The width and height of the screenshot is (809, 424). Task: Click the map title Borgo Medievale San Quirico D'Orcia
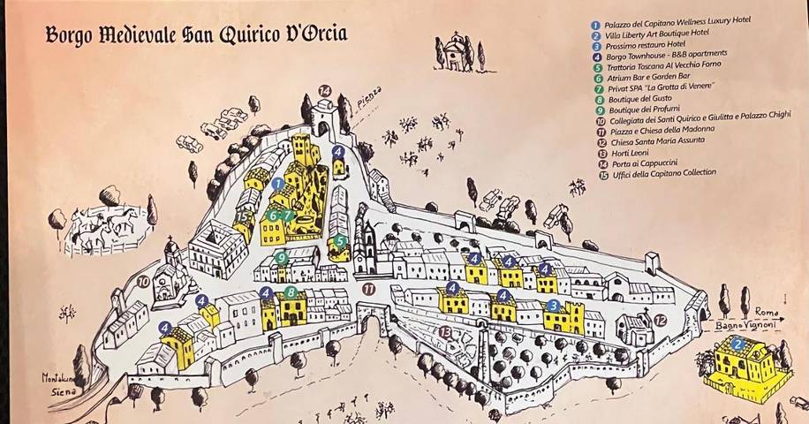(x=196, y=35)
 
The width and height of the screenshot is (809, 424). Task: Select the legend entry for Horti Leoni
(x=628, y=152)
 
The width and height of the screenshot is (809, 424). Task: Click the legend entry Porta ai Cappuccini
(x=642, y=163)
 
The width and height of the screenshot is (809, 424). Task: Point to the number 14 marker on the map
(x=324, y=90)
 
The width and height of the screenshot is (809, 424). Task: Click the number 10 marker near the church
(x=143, y=282)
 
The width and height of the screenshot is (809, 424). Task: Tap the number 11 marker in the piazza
(x=367, y=288)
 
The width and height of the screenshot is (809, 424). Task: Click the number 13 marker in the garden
(x=445, y=331)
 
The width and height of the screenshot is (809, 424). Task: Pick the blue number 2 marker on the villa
(x=737, y=344)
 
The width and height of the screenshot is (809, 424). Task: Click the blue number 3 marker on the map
(x=553, y=306)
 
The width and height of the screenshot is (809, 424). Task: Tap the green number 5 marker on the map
(x=340, y=240)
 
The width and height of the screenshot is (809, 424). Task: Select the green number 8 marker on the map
(x=290, y=292)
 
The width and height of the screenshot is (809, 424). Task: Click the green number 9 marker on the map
(x=281, y=258)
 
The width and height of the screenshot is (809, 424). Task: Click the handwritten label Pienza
(x=369, y=95)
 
